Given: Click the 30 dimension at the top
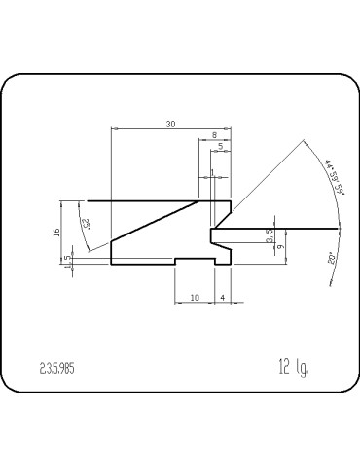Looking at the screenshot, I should coord(171,124).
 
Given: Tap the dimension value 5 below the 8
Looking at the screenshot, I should coord(221,147).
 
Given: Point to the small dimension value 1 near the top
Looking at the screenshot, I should coord(212,172).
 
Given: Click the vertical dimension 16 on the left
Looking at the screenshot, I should coord(56,232).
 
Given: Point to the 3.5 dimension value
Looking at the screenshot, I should coord(270,234).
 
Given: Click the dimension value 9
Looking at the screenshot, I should coord(280,247).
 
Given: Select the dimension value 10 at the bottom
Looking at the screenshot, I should coord(195,296).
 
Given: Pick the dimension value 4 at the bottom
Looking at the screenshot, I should coord(223,296).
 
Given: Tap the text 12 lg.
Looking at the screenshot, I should coord(292,366).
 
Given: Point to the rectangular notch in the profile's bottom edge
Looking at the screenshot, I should coord(195,261).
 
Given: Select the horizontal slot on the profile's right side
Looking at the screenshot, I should coord(222,234).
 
